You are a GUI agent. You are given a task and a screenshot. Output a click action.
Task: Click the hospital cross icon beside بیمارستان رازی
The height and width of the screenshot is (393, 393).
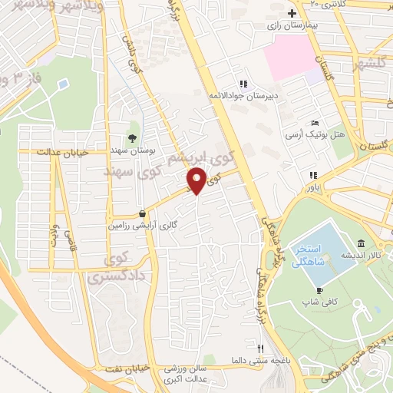click(292, 13)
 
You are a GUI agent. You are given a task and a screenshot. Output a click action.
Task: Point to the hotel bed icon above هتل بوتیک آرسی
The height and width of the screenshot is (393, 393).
click(315, 124)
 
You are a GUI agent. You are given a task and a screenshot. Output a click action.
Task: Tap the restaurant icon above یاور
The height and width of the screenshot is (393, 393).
click(313, 175)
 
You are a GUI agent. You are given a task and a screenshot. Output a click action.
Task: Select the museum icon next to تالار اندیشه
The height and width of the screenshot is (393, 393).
click(361, 243)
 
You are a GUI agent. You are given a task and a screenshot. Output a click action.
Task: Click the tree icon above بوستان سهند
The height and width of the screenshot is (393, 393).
click(132, 139)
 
